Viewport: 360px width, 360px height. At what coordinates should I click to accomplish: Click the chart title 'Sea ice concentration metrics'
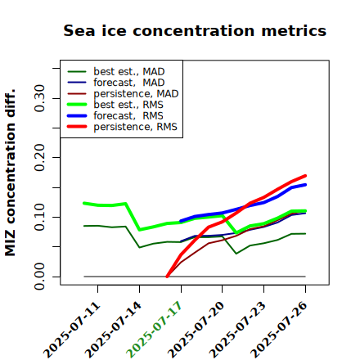point(195,30)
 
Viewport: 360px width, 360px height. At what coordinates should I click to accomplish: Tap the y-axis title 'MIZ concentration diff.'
point(11,173)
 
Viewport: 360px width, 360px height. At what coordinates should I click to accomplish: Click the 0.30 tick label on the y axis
point(39,98)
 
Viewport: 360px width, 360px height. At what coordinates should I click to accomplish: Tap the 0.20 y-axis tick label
point(39,158)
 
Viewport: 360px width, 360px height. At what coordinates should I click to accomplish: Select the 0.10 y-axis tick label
point(39,217)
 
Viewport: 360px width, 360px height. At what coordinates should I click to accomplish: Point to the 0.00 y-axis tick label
point(39,277)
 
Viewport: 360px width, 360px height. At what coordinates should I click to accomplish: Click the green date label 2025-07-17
point(155,330)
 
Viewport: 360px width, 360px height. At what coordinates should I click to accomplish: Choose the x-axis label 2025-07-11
point(72,330)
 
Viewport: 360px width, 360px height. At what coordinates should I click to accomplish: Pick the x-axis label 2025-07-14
point(114,330)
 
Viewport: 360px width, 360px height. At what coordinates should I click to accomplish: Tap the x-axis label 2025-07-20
point(196,330)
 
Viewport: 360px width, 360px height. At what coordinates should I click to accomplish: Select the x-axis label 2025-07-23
point(237,330)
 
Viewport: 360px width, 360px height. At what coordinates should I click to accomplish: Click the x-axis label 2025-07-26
point(279,330)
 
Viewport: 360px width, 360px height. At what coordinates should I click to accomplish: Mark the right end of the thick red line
point(305,176)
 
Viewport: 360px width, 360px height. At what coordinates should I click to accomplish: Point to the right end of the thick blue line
point(305,185)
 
